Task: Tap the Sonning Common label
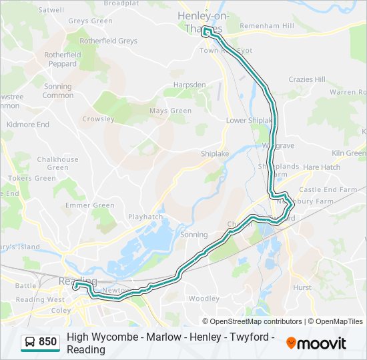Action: tap(58, 91)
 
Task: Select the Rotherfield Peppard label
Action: tap(63, 59)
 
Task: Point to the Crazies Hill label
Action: tap(307, 79)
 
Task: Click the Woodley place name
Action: tap(204, 299)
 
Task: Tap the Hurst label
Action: tap(302, 287)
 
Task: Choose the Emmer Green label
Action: tap(94, 205)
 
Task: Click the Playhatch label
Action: tap(145, 217)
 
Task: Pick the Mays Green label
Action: tap(170, 111)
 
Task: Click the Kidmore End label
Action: tap(28, 125)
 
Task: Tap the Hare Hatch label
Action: tap(322, 167)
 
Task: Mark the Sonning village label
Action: tap(194, 235)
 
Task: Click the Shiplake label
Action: tap(215, 153)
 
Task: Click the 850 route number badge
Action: tap(47, 342)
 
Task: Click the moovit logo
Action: tap(316, 343)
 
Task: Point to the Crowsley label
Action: tap(99, 119)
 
